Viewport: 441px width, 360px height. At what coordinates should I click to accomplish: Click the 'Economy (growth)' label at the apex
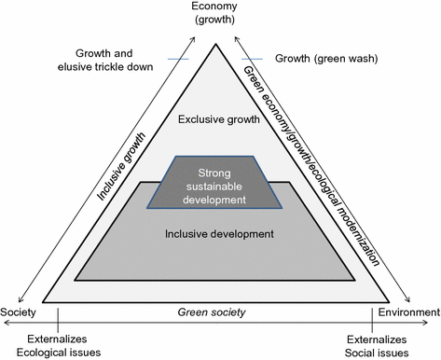click(x=221, y=13)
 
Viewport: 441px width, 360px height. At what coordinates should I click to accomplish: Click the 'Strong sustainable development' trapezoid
click(x=221, y=186)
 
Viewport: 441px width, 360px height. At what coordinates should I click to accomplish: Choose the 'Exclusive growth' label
click(x=221, y=119)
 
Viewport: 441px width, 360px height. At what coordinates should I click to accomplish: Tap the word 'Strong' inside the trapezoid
click(x=220, y=173)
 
